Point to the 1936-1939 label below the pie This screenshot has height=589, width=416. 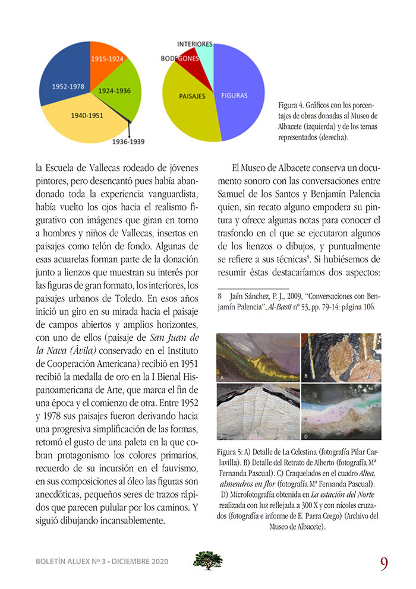tap(128, 142)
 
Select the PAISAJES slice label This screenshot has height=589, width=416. tap(192, 95)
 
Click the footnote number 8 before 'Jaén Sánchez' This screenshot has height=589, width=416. tap(219, 294)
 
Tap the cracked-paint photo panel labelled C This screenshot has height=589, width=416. tap(257, 411)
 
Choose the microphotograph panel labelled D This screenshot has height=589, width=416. tap(341, 411)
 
